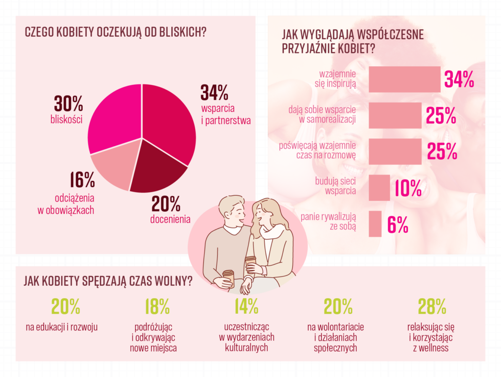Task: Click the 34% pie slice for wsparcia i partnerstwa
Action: (169, 123)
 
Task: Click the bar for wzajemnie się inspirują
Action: (404, 79)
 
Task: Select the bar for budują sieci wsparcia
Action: (379, 187)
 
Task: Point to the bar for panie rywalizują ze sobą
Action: (375, 224)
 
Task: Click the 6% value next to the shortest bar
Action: (398, 225)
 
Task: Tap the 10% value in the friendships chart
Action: (408, 188)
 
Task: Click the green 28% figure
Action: (432, 307)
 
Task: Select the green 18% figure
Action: (157, 307)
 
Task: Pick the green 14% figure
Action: (246, 307)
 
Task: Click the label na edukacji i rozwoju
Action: (62, 327)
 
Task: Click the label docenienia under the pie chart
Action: (170, 219)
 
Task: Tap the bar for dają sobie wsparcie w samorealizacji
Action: (394, 115)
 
